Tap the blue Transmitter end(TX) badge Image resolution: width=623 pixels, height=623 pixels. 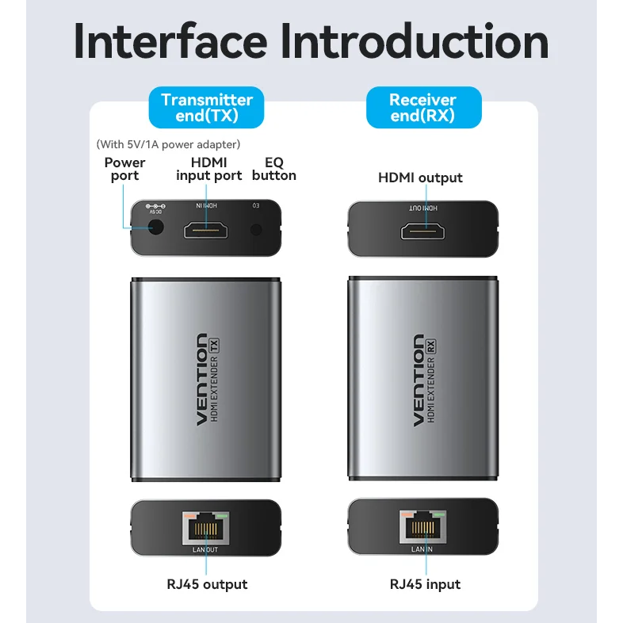tap(206, 108)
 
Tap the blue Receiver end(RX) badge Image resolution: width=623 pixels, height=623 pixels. tap(422, 108)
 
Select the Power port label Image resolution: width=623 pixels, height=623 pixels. tap(125, 169)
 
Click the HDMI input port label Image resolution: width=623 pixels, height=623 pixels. tap(208, 169)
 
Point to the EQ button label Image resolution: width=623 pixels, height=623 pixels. tap(273, 169)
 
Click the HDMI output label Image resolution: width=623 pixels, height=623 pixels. tap(420, 178)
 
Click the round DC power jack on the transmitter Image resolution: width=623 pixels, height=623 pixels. tap(155, 227)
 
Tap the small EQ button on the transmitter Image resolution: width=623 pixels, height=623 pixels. tap(256, 230)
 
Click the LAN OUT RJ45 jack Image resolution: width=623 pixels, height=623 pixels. tap(206, 527)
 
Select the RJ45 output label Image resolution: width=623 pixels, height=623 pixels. tap(207, 584)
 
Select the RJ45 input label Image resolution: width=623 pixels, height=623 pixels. tap(425, 584)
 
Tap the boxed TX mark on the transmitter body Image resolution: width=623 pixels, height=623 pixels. tap(214, 345)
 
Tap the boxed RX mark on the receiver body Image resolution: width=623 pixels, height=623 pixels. tap(431, 346)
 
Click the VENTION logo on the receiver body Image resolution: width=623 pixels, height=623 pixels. tap(418, 380)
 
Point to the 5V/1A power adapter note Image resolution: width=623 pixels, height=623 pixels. tap(168, 144)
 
